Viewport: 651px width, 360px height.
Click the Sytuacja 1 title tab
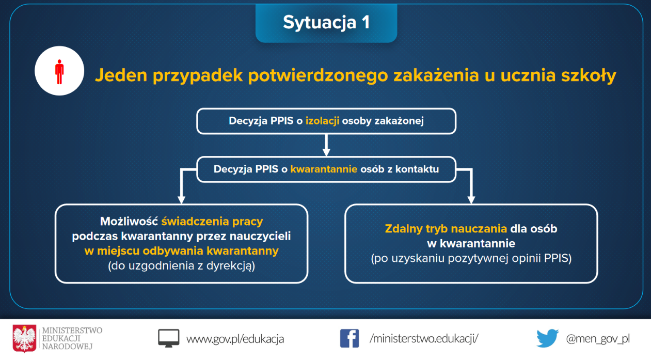(x=326, y=23)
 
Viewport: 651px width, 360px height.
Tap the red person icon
(x=59, y=72)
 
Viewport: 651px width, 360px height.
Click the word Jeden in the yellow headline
(x=121, y=75)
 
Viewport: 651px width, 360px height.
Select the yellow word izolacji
(x=322, y=121)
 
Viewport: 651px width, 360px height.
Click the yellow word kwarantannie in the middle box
(x=324, y=169)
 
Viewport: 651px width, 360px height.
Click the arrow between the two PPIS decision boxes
(x=326, y=145)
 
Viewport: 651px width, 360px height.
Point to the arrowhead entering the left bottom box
(x=181, y=199)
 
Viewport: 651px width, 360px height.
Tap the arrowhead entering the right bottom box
(x=471, y=199)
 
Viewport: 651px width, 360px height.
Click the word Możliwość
(x=129, y=222)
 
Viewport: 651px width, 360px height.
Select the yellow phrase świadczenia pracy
(x=212, y=222)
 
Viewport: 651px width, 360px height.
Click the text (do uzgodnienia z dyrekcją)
(x=181, y=266)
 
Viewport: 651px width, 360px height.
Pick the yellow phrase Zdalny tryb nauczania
(x=446, y=229)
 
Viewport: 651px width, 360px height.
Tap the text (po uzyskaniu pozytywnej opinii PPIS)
(x=471, y=259)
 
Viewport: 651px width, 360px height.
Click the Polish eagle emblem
(x=24, y=339)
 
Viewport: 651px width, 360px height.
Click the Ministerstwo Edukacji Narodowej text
(x=72, y=338)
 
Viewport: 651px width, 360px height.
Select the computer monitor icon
(x=169, y=338)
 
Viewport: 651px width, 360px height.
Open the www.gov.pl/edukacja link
(x=235, y=339)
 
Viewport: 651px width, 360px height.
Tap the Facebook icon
(x=350, y=338)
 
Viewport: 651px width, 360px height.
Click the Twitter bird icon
(x=548, y=338)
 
